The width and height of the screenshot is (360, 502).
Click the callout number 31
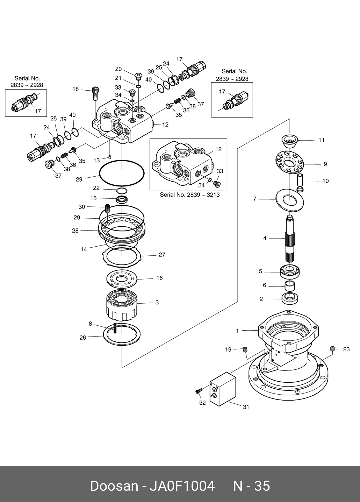[x=246, y=407]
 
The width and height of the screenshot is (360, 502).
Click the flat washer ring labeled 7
[x=290, y=200]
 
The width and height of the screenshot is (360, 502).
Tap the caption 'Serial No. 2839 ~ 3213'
[x=190, y=195]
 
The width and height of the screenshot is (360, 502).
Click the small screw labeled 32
[x=199, y=391]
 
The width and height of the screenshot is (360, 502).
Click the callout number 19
[x=228, y=349]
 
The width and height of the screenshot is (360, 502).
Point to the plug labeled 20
[x=138, y=75]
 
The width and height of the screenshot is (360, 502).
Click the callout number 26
[x=83, y=338]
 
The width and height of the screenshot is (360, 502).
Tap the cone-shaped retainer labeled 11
[x=290, y=141]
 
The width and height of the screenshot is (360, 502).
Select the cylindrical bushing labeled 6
[x=290, y=286]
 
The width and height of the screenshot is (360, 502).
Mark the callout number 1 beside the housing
[x=237, y=331]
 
